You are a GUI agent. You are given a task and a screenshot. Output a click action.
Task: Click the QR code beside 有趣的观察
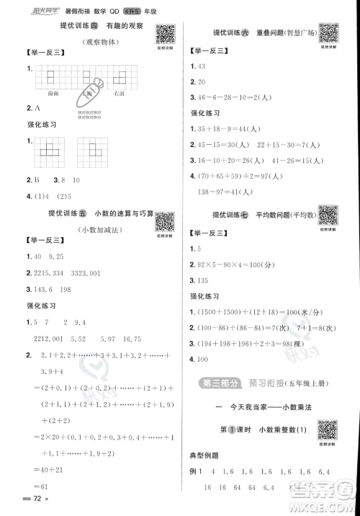166,33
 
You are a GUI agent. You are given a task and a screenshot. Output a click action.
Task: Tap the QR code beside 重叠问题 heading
329,33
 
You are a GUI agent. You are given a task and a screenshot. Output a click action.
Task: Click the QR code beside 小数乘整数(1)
328,428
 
